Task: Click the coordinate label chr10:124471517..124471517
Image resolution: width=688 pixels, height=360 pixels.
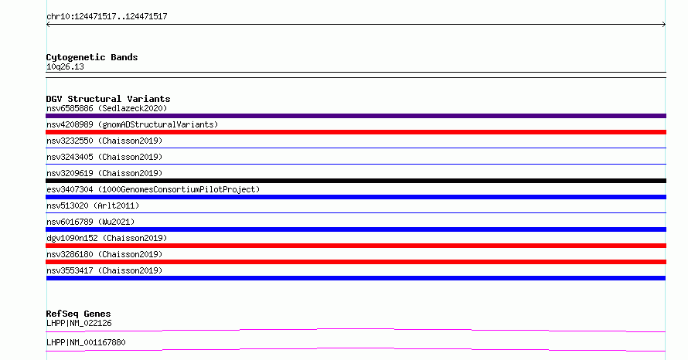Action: coord(107,17)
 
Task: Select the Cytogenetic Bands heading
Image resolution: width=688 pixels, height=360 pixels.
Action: coord(92,57)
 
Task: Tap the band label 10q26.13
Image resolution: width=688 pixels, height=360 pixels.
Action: coord(65,66)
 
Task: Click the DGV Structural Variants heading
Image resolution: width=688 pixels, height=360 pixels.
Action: coord(108,99)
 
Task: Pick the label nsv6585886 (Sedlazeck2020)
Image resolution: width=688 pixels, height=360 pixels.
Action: coord(107,108)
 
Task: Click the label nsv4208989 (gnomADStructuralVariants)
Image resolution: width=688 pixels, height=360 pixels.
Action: coord(132,124)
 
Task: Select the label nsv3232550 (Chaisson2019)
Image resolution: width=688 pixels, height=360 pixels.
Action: coord(104,141)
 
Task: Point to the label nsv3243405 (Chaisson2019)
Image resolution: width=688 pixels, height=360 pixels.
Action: coord(104,157)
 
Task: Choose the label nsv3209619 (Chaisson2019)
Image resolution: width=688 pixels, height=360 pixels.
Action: coord(104,173)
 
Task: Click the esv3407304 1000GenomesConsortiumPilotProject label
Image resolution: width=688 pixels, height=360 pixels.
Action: coord(153,189)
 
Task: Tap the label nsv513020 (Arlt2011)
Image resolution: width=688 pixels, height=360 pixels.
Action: coord(93,205)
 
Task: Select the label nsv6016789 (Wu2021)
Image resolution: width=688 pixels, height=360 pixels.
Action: coord(90,222)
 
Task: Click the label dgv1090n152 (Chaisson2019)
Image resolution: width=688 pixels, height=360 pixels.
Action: coord(107,238)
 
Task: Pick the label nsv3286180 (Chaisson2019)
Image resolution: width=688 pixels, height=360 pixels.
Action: coord(104,254)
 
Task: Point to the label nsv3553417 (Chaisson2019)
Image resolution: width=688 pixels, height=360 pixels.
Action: coord(104,270)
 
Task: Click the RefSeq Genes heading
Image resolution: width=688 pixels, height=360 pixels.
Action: coord(78,314)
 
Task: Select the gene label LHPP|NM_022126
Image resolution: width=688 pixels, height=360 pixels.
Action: coord(79,323)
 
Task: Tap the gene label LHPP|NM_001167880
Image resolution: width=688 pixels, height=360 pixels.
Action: coord(86,342)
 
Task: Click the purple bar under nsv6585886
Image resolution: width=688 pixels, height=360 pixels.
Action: coord(356,116)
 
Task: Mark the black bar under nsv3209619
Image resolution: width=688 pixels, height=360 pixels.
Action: coord(356,181)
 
